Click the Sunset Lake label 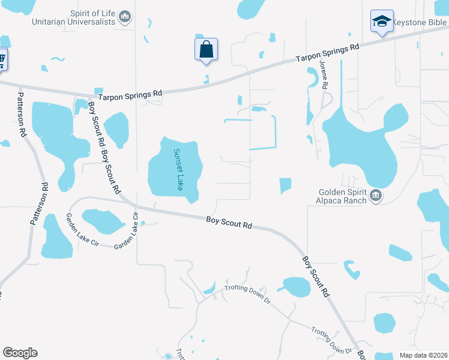pyautogui.click(x=178, y=170)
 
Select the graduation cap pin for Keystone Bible pyautogui.click(x=381, y=21)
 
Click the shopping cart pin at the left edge pyautogui.click(x=2, y=59)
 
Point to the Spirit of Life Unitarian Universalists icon pyautogui.click(x=125, y=17)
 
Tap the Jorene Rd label pyautogui.click(x=324, y=75)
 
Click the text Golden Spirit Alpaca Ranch pyautogui.click(x=342, y=196)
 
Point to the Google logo pyautogui.click(x=20, y=353)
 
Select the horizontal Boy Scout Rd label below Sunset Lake pyautogui.click(x=229, y=222)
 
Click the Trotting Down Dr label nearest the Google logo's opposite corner pyautogui.click(x=331, y=340)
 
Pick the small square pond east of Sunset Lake pyautogui.click(x=285, y=186)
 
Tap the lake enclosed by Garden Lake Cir pyautogui.click(x=103, y=221)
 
